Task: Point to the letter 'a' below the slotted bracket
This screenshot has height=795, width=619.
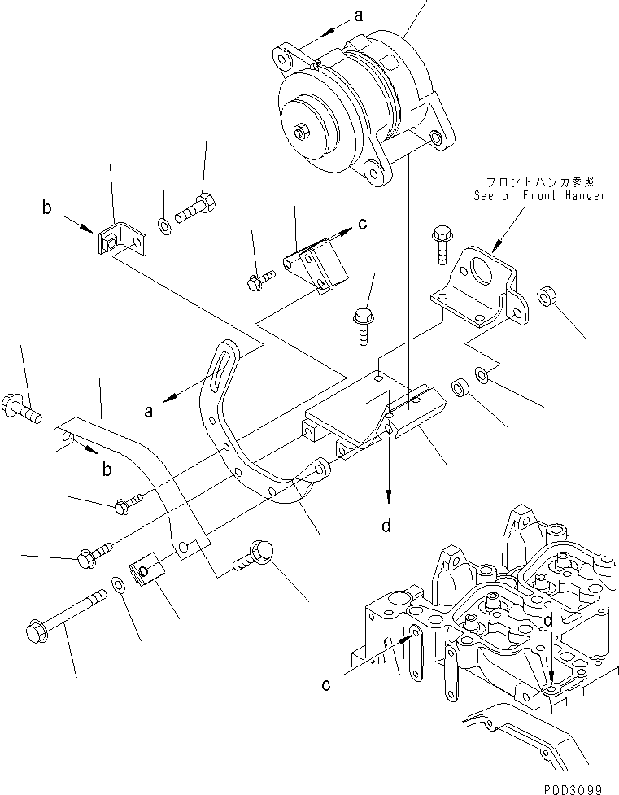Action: coord(149,413)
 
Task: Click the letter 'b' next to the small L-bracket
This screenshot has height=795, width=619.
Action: coord(46,209)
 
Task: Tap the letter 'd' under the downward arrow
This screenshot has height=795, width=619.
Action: coord(387,526)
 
